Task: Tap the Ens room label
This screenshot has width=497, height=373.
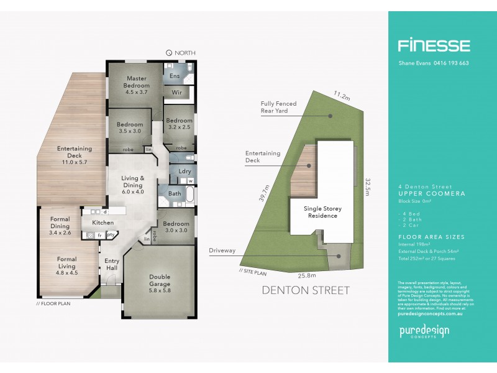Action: click(175, 76)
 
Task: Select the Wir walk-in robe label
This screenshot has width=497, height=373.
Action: click(176, 92)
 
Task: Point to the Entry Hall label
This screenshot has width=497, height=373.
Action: click(112, 264)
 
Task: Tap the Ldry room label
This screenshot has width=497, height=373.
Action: click(185, 171)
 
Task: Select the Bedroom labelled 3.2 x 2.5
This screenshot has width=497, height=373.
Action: click(179, 124)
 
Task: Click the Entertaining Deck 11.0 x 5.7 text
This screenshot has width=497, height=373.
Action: click(75, 152)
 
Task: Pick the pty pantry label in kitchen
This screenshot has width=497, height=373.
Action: click(111, 235)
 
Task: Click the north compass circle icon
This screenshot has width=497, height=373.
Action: click(169, 53)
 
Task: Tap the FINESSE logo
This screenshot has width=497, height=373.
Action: click(434, 45)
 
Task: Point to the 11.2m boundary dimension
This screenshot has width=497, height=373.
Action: click(340, 96)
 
